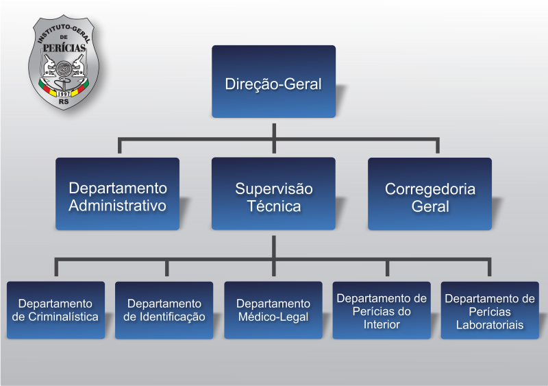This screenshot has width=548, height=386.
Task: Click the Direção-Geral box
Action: click(273, 82)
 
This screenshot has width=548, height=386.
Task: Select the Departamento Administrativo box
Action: click(117, 194)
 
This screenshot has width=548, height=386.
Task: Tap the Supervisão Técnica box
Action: click(273, 193)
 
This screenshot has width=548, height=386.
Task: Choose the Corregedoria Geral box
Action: click(430, 194)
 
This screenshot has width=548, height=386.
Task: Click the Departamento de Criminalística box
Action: click(56, 310)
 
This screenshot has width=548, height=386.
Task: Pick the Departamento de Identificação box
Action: click(164, 311)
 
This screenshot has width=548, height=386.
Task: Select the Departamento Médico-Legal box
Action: click(273, 310)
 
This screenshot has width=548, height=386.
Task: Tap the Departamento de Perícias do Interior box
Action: click(382, 311)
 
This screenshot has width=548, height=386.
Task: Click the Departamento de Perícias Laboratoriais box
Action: click(490, 311)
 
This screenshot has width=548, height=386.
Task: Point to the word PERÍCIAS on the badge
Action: click(64, 47)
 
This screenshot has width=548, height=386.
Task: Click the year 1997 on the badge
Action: click(64, 94)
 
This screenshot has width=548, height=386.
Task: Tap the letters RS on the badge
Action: click(64, 101)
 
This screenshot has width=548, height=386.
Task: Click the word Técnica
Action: click(274, 206)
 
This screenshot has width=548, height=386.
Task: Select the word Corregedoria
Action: click(430, 189)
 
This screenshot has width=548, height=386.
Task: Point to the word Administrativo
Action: click(117, 206)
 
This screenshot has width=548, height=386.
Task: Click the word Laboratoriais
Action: click(490, 325)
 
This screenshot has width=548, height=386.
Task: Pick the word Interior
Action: click(382, 324)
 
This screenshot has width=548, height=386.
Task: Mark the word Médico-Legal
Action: click(273, 317)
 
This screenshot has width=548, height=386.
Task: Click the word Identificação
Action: click(173, 317)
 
